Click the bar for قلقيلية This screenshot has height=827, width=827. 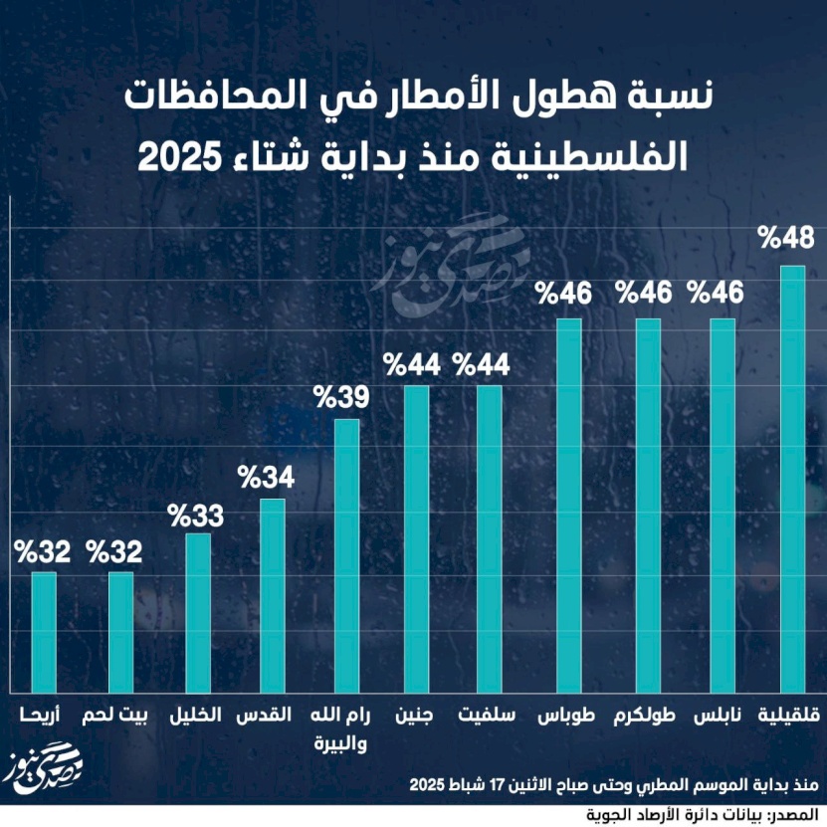[792, 478]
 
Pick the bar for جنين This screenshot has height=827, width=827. [415, 537]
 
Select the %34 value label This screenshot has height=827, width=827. [266, 477]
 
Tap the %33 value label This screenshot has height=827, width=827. [195, 517]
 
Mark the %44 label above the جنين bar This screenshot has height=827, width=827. [412, 364]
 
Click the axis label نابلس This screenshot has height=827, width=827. [721, 717]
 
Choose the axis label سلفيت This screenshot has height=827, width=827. [487, 717]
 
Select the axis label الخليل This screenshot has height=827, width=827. [195, 717]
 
